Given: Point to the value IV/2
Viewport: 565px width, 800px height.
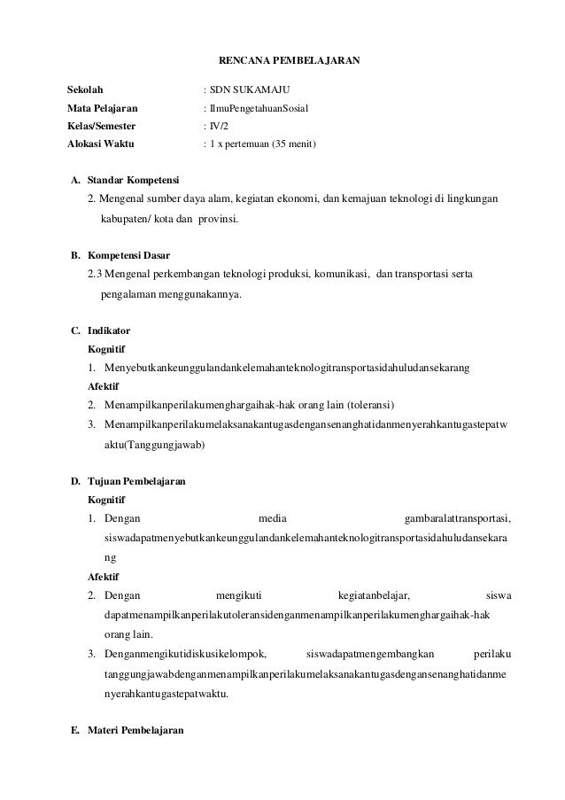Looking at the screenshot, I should [218, 126].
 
